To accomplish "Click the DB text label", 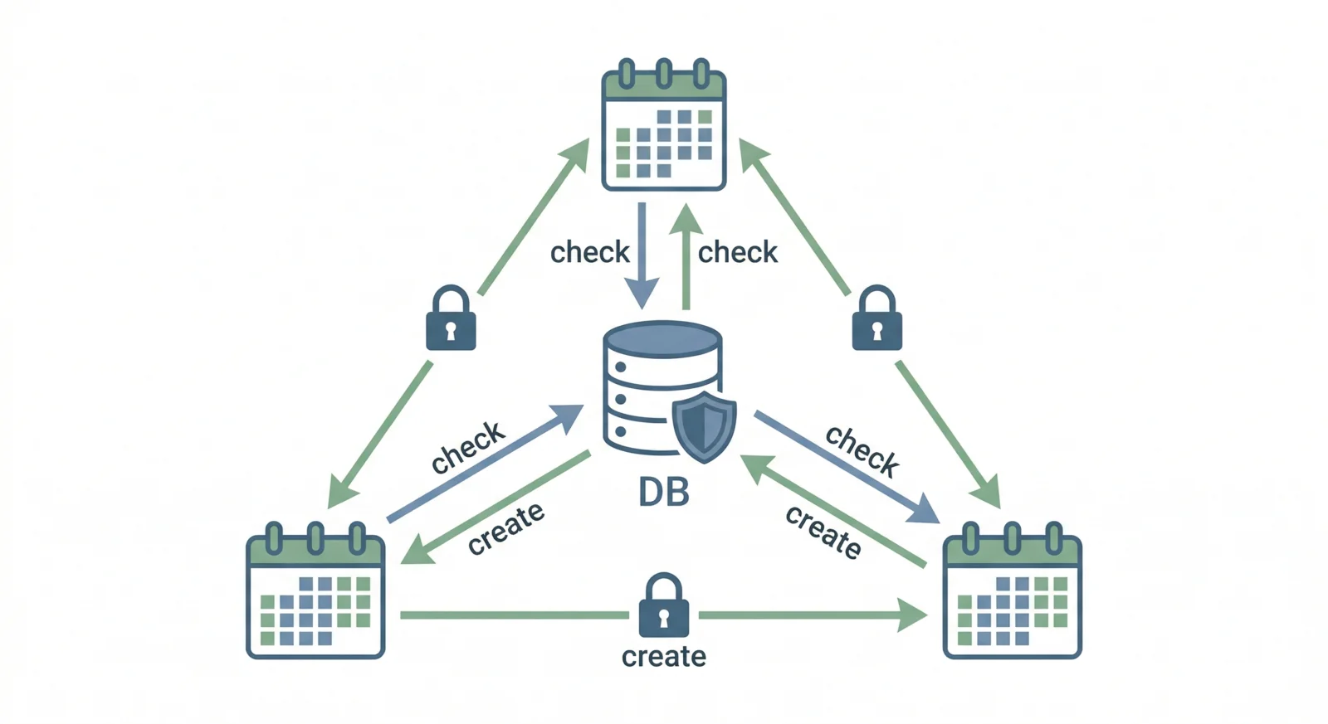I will click(663, 493).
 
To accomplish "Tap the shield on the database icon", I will click(704, 426).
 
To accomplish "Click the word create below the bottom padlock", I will click(663, 657).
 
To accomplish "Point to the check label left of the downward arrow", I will click(590, 252).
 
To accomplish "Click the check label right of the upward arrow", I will click(737, 252).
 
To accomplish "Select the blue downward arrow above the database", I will click(642, 257).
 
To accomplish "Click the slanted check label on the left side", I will click(468, 449).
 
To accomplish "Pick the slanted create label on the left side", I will click(505, 528).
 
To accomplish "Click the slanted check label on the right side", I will click(862, 451).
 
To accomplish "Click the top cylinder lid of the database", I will click(662, 339).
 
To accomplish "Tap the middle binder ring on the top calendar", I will click(664, 74).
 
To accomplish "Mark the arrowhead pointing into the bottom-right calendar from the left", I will click(913, 615).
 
